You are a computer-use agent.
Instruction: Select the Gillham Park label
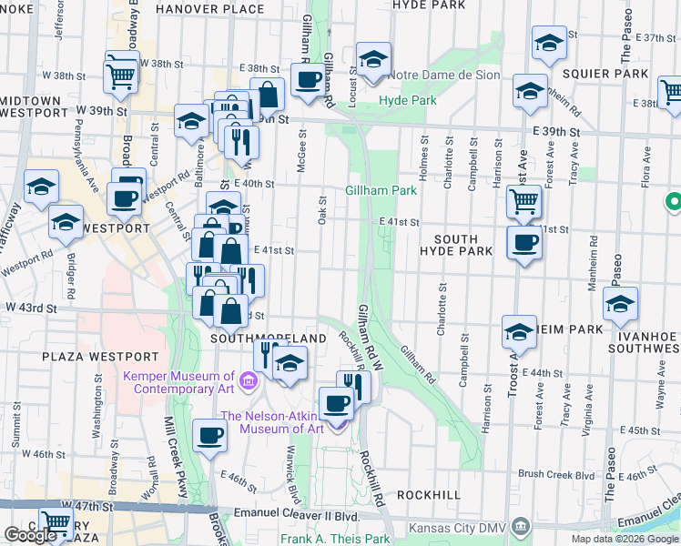click(x=381, y=190)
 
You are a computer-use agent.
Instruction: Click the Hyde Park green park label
click(x=408, y=100)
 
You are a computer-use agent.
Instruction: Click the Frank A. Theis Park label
click(x=335, y=539)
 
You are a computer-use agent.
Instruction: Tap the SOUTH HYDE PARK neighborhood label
click(x=455, y=245)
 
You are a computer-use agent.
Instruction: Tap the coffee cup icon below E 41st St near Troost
click(x=523, y=243)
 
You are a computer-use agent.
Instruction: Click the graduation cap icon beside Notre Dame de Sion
click(x=373, y=60)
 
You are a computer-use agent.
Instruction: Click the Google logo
click(x=30, y=535)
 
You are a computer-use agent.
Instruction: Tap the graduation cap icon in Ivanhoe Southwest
click(x=620, y=305)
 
